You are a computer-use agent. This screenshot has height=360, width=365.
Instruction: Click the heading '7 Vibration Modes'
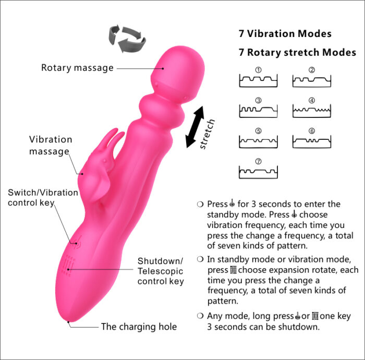point(285,34)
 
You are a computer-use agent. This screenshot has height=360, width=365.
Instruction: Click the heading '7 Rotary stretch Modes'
point(297,53)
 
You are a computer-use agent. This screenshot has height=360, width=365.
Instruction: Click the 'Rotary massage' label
point(77,68)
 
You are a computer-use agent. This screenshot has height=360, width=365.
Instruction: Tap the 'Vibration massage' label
point(50,146)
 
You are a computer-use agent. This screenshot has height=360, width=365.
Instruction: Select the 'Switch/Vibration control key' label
point(43,197)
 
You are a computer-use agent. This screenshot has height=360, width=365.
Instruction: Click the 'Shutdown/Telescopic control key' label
point(161,271)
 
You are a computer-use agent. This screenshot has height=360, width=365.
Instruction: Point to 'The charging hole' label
point(139,327)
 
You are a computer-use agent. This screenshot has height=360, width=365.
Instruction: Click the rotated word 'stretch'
point(207,134)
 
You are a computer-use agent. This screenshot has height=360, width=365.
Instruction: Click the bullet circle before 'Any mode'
point(200,316)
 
